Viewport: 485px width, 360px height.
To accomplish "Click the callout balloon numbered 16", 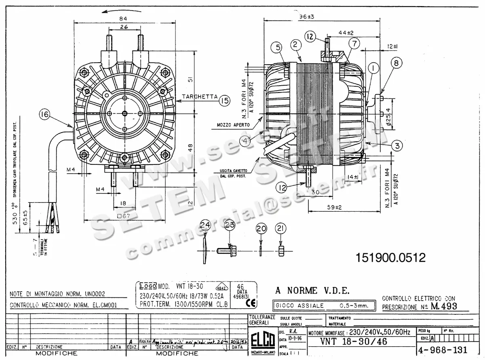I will [x=44, y=115].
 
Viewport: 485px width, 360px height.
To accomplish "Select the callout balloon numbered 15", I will [x=225, y=101].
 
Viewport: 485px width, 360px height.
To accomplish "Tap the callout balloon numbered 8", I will [x=396, y=63].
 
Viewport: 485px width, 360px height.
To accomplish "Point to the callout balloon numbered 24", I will [x=206, y=225].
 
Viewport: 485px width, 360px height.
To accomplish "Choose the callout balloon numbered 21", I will [x=280, y=228].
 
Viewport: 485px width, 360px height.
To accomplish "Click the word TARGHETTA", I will [x=200, y=97].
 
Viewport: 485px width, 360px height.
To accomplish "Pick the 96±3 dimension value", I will [x=306, y=17].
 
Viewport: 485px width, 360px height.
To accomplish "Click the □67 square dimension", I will [x=124, y=216].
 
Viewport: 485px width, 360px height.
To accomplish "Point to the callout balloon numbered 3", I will [x=397, y=145].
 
